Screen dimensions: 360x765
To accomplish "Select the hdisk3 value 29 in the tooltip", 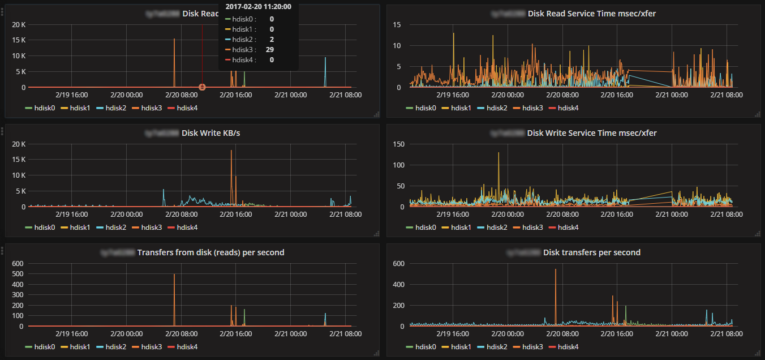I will click(270, 49).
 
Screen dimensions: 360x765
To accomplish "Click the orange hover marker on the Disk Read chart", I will click(202, 87).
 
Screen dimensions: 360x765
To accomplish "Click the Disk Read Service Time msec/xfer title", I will click(592, 14).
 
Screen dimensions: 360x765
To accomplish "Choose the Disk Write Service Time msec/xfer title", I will click(592, 133).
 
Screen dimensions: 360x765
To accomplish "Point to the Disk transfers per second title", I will click(592, 252).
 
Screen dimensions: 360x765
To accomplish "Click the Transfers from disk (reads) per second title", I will click(210, 252).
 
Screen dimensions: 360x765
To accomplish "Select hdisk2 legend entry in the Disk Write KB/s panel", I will click(111, 227).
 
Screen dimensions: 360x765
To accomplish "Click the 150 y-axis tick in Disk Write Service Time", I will click(398, 144).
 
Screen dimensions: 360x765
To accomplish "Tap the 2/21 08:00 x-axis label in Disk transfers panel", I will click(727, 334).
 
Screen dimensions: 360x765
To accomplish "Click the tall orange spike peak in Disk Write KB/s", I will click(231, 151).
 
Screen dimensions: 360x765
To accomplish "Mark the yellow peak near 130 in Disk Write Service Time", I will click(498, 153).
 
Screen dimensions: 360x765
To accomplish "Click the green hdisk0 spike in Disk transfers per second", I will click(626, 307).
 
